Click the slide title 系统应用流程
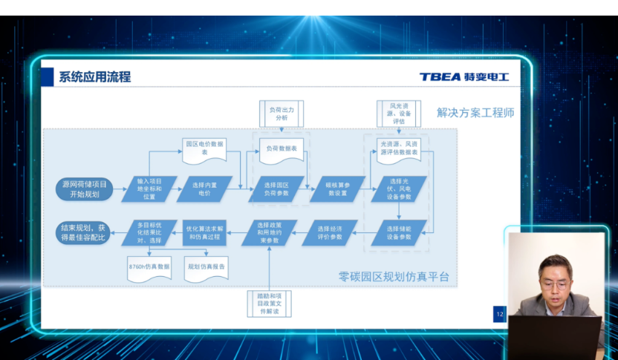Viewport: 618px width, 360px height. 94,76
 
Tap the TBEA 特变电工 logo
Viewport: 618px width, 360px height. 463,76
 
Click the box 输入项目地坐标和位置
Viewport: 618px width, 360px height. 149,188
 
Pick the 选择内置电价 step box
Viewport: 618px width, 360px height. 206,188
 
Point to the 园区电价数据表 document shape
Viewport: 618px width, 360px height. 206,149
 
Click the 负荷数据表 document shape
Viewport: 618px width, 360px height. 282,151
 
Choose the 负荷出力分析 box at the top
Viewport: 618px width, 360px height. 282,113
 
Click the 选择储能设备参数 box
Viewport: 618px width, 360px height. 399,232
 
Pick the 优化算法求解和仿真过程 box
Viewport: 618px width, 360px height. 204,232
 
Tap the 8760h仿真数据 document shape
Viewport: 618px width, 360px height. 149,267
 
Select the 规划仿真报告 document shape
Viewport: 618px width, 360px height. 206,267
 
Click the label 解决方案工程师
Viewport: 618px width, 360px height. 475,113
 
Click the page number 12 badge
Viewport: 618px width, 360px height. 499,315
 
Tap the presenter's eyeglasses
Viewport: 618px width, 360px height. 553,284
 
